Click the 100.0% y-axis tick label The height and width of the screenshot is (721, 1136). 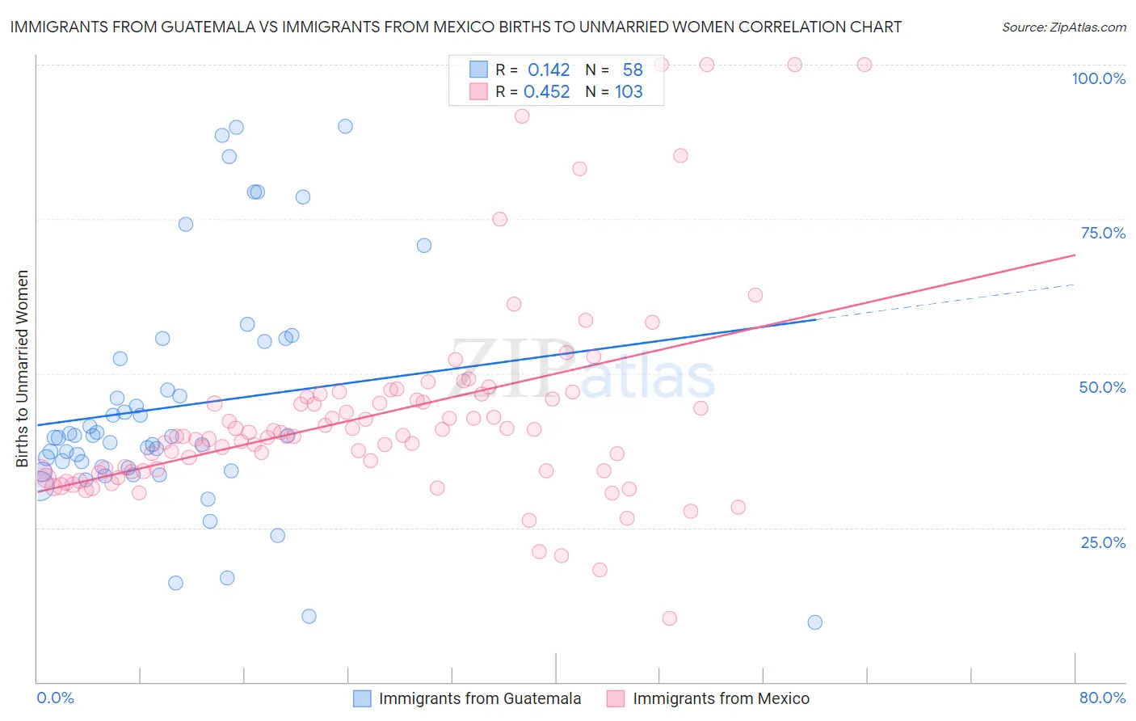pyautogui.click(x=1098, y=78)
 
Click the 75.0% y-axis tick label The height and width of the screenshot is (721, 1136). pyautogui.click(x=1103, y=233)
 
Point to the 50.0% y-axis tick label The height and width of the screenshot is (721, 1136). pyautogui.click(x=1102, y=387)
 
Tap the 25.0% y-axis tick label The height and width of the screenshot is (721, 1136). pyautogui.click(x=1103, y=542)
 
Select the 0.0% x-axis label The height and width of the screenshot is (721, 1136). pyautogui.click(x=55, y=698)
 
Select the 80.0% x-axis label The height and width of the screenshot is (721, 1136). pyautogui.click(x=1102, y=698)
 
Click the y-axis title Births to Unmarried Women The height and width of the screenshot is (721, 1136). pyautogui.click(x=22, y=369)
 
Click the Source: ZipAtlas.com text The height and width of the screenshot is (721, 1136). pyautogui.click(x=1063, y=27)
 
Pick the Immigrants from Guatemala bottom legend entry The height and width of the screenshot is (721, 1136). pyautogui.click(x=479, y=699)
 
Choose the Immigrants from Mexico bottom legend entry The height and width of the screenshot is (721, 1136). pyautogui.click(x=721, y=699)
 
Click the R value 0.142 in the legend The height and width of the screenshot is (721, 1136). pyautogui.click(x=549, y=70)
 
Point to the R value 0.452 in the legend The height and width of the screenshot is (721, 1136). pyautogui.click(x=547, y=92)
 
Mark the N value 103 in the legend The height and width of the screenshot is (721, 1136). pyautogui.click(x=629, y=92)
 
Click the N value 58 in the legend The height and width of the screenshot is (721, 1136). pyautogui.click(x=633, y=70)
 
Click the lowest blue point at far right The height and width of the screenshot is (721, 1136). pyautogui.click(x=814, y=622)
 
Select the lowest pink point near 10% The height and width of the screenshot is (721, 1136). pyautogui.click(x=669, y=618)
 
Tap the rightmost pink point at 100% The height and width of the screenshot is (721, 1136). pyautogui.click(x=865, y=65)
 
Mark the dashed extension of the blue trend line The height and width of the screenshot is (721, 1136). pyautogui.click(x=945, y=301)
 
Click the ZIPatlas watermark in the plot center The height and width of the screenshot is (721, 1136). pyautogui.click(x=582, y=370)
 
